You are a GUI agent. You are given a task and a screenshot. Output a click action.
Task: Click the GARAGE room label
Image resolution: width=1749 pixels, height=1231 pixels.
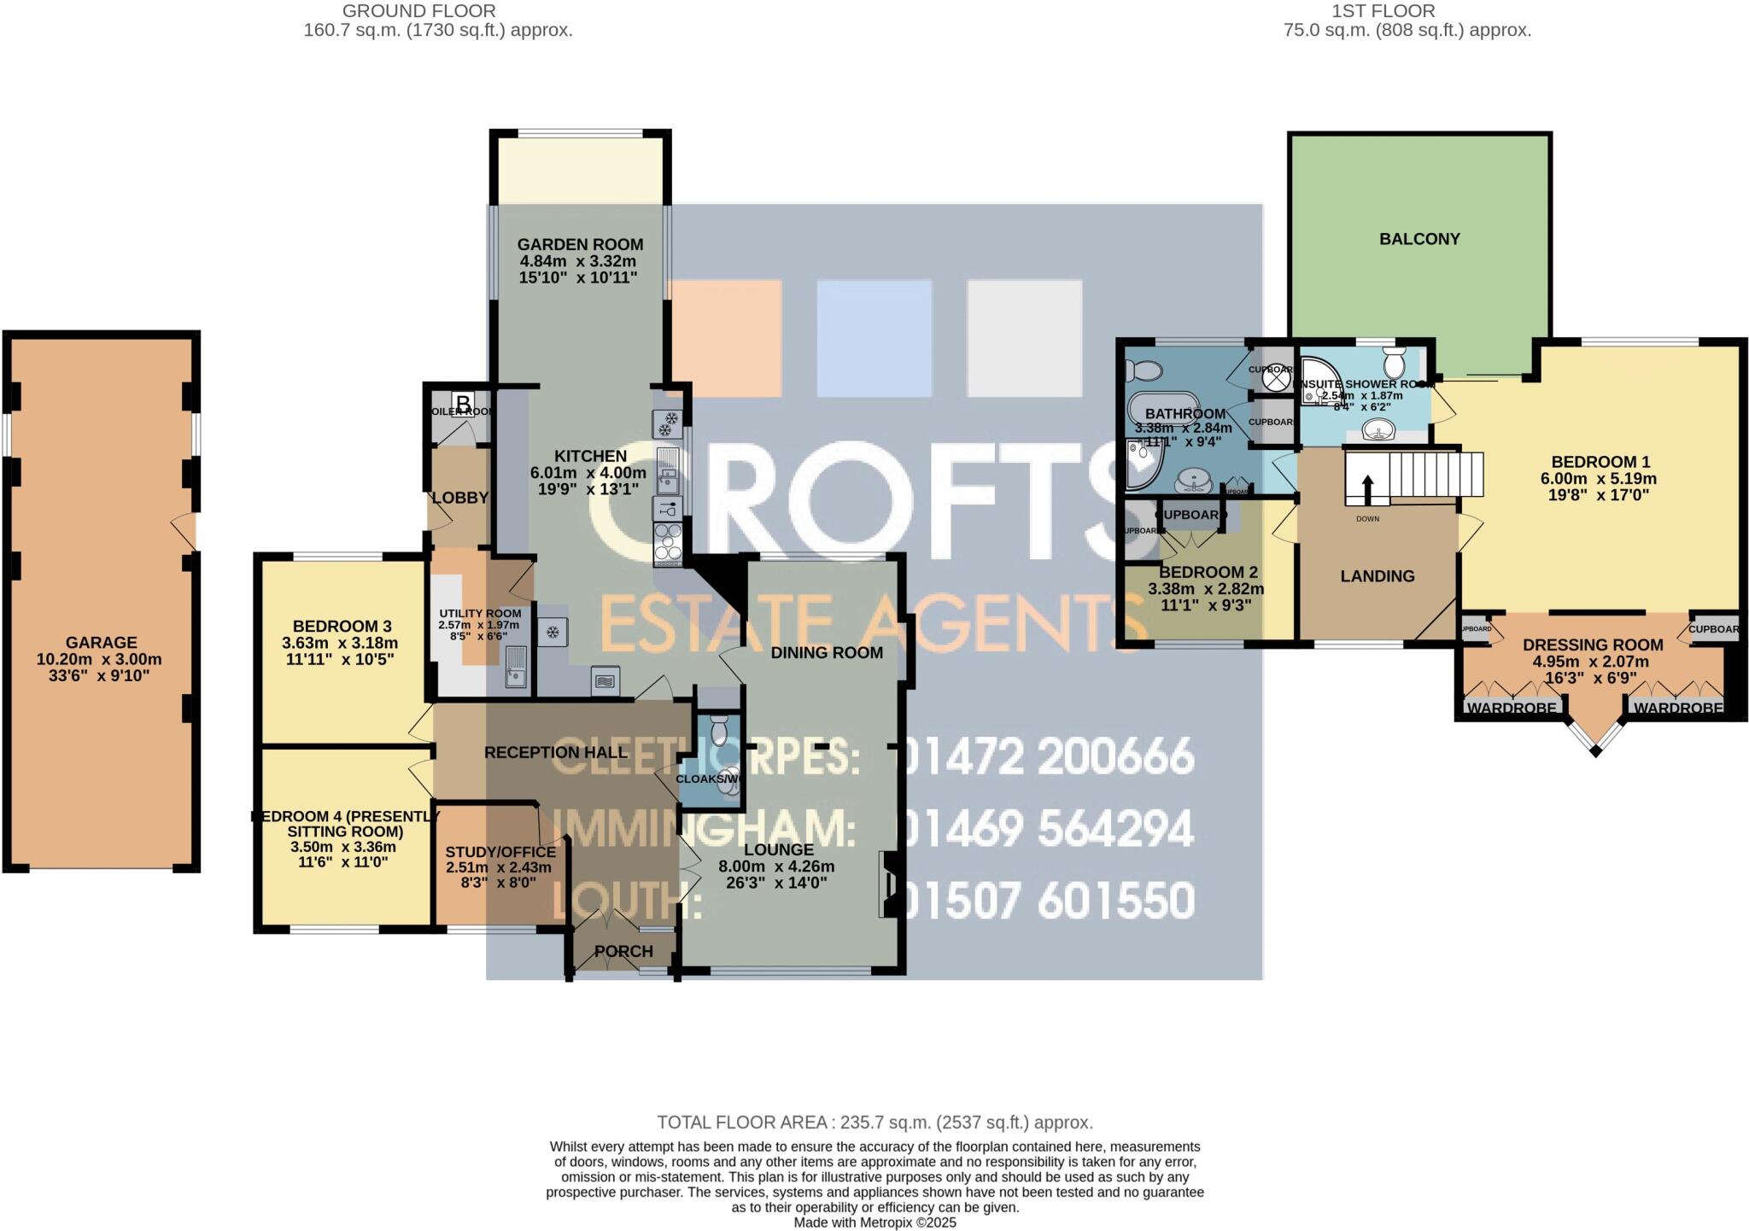(101, 643)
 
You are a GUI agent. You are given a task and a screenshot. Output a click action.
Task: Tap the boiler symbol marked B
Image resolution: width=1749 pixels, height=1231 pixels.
(463, 402)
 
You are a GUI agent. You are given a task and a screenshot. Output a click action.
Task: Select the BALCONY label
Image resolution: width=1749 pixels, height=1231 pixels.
(1419, 239)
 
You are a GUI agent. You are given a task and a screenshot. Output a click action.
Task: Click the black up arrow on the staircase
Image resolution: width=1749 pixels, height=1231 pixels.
(1367, 490)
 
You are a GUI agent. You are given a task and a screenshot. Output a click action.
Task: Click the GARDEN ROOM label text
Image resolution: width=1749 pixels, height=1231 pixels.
(580, 245)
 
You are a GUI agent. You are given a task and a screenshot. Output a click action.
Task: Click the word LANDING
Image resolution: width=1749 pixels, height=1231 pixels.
(1377, 576)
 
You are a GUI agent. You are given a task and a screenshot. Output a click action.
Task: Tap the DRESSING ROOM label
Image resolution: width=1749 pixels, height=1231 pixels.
(1593, 645)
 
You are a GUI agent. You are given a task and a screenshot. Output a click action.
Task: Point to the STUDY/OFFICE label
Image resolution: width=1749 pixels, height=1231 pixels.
(500, 852)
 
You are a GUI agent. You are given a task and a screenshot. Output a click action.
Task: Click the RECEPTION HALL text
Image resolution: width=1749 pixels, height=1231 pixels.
(556, 752)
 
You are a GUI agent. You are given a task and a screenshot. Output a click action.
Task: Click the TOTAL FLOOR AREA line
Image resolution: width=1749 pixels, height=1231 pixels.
(874, 1123)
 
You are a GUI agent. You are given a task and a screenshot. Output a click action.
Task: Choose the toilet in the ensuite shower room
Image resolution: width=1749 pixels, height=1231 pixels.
(1394, 362)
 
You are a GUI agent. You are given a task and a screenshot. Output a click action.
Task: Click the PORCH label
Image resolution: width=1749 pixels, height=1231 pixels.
(623, 951)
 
